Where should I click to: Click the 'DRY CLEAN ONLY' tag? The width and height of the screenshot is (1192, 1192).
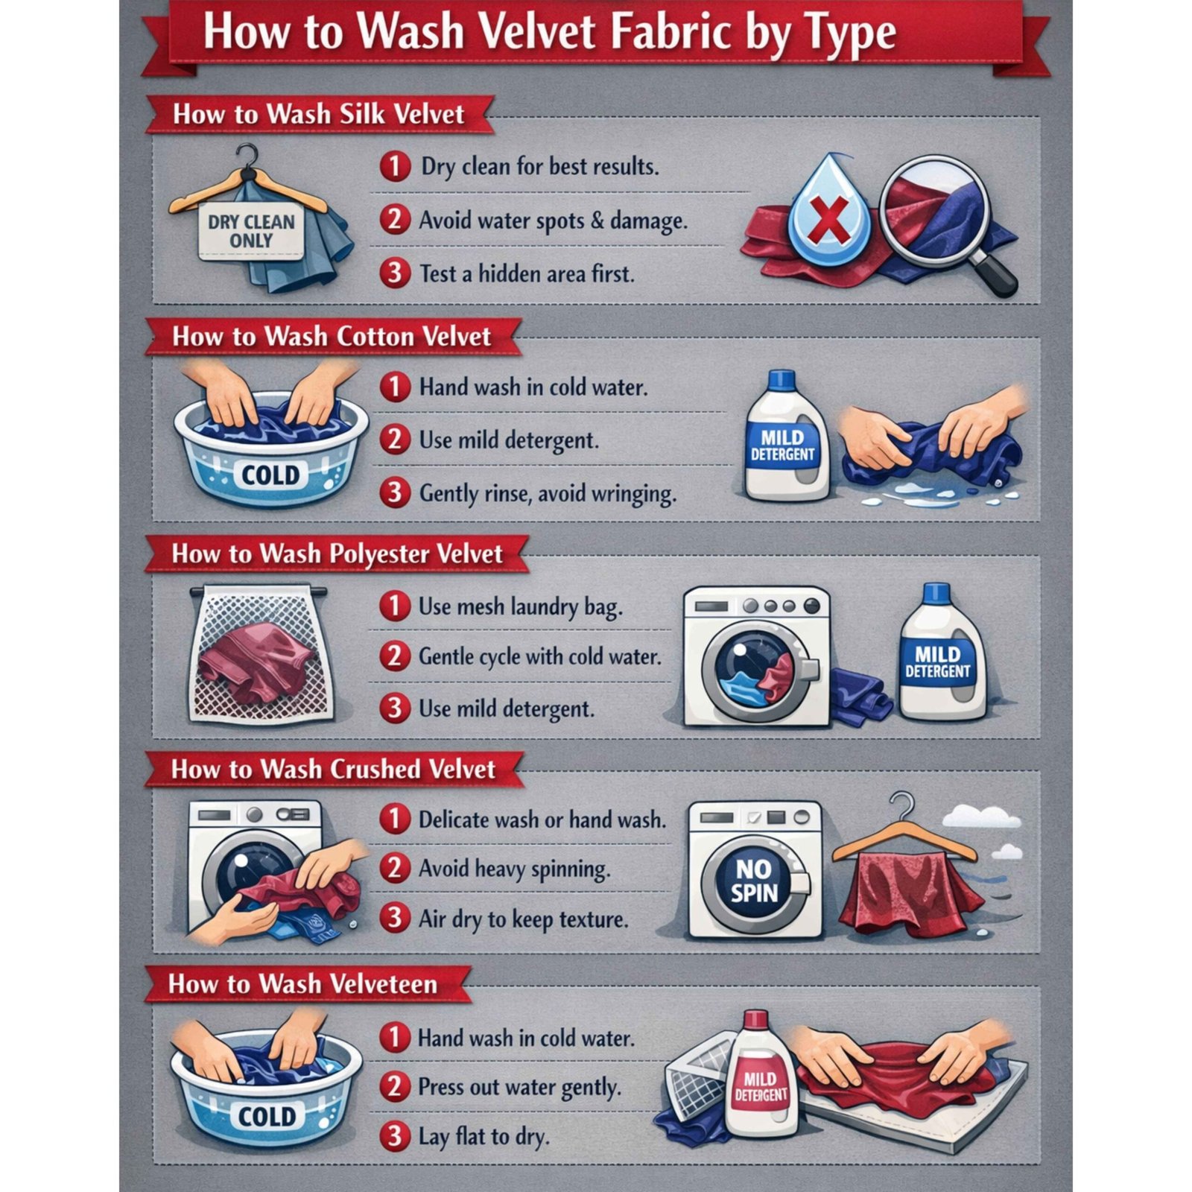[x=251, y=232]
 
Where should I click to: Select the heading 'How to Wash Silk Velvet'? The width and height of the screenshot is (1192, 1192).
[x=318, y=114]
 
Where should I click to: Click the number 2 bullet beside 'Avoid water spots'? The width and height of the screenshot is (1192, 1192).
[x=395, y=220]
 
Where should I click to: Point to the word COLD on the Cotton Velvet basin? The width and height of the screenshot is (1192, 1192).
[x=270, y=475]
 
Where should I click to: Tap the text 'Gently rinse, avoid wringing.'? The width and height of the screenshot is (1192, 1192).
[x=548, y=493]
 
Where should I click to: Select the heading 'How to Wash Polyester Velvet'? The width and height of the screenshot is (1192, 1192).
[x=337, y=554]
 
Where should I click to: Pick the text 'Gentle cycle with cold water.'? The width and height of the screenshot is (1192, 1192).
[x=539, y=656]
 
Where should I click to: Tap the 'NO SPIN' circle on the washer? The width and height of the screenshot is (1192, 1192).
[x=755, y=881]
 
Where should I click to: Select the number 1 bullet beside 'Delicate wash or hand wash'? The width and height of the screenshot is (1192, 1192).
[x=395, y=819]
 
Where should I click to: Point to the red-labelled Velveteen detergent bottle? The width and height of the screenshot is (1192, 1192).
[x=760, y=1077]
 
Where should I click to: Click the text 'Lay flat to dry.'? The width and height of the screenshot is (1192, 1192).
[x=484, y=1137]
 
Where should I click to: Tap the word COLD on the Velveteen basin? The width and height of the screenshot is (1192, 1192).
[x=267, y=1116]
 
